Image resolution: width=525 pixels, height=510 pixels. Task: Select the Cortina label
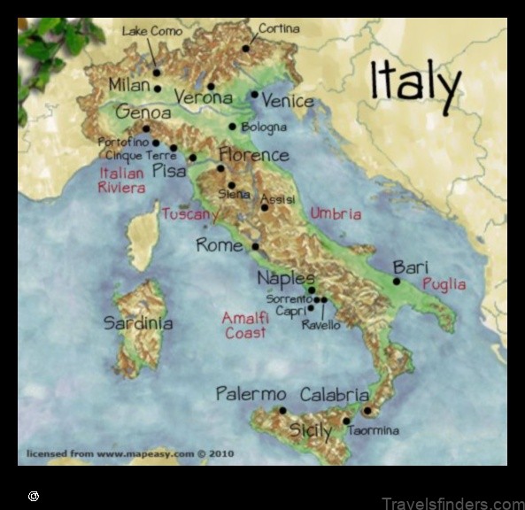tap(279, 28)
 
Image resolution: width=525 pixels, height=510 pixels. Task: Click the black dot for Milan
tap(158, 89)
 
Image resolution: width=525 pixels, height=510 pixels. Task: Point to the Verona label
tap(203, 97)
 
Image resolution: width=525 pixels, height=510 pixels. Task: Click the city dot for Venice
tap(254, 94)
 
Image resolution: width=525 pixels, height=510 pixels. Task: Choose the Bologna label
tap(264, 127)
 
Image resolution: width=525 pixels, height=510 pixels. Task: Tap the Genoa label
tap(143, 112)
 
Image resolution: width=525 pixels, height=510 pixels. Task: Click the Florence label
tap(253, 155)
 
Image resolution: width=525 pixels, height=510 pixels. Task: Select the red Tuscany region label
tap(189, 213)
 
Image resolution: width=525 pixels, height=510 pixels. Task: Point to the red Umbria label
tap(336, 213)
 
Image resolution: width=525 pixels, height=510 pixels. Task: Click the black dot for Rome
tap(255, 246)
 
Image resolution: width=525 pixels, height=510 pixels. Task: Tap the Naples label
tap(285, 278)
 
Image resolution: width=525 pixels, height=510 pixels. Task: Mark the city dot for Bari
tap(397, 282)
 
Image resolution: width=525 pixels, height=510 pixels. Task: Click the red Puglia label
tap(444, 284)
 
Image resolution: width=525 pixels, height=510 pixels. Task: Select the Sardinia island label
tap(137, 323)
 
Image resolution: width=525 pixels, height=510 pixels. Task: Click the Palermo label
tap(251, 394)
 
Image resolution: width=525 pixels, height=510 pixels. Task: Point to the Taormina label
tap(373, 430)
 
